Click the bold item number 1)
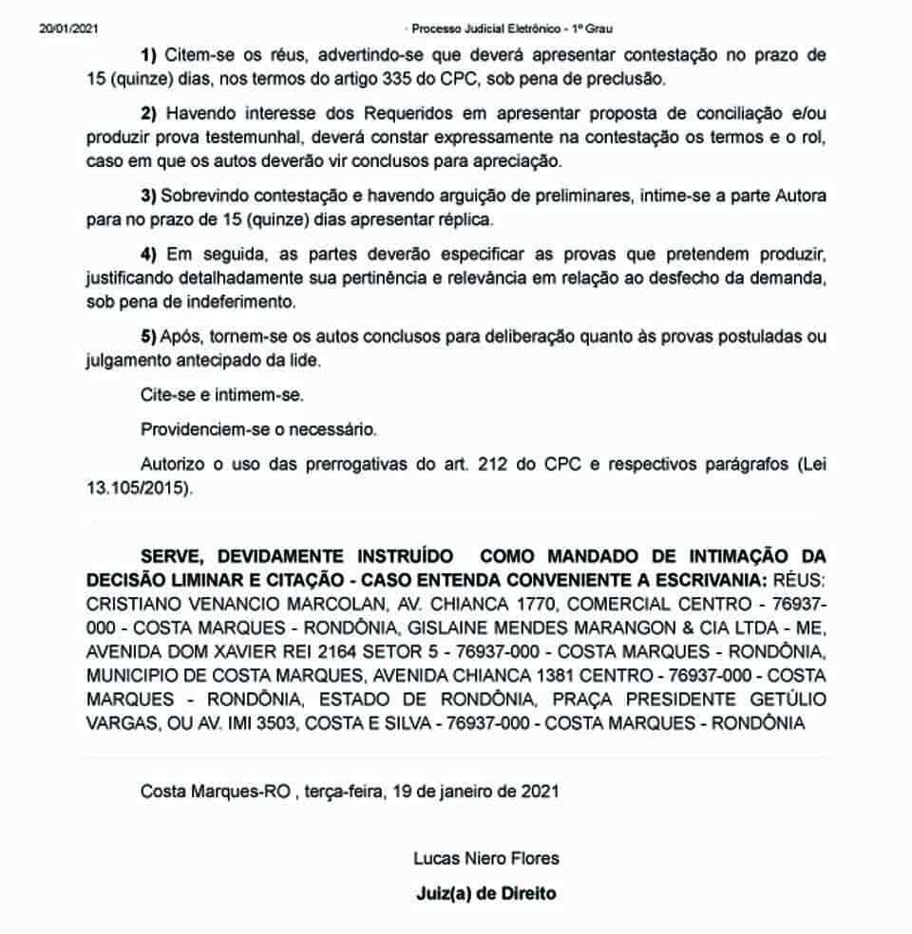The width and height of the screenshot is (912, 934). (x=149, y=55)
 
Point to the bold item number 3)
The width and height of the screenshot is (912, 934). (x=149, y=196)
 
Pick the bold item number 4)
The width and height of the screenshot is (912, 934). (x=149, y=257)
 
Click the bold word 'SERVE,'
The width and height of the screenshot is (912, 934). (x=171, y=554)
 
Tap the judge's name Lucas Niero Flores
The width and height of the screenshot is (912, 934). (x=485, y=858)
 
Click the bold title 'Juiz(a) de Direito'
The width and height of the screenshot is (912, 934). (x=485, y=893)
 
